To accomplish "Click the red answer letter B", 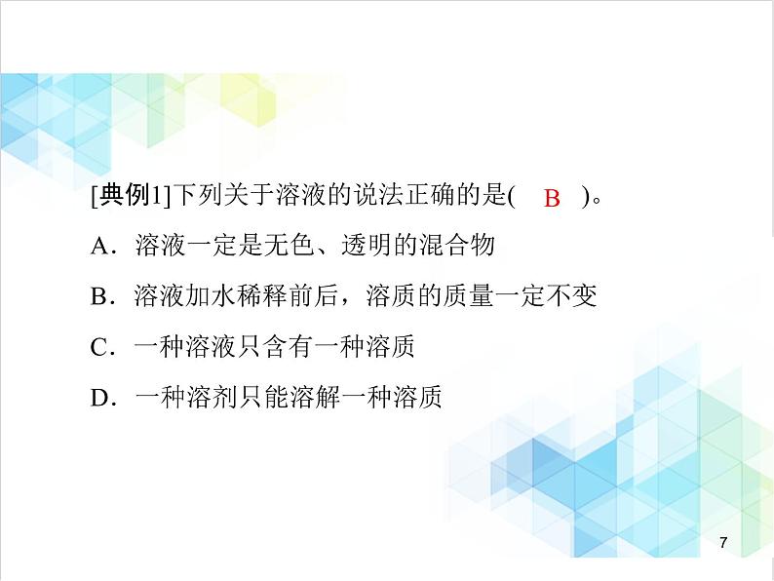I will (552, 199).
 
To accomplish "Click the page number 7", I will (722, 542).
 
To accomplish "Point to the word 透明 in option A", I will (366, 246).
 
